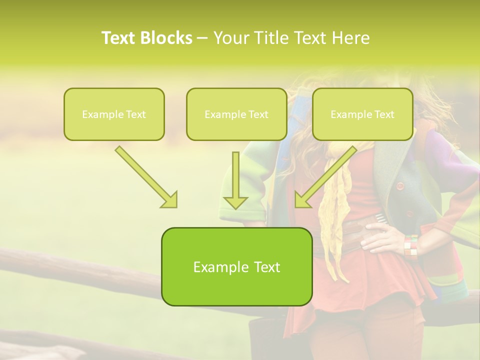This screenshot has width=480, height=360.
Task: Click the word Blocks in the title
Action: point(167,38)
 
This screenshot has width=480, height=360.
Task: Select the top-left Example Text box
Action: point(114,114)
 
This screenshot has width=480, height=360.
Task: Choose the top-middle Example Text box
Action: point(236,114)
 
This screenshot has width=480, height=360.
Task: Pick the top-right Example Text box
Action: point(362,114)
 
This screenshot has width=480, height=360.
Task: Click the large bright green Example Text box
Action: point(236,267)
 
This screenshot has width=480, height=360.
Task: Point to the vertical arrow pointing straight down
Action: point(235,180)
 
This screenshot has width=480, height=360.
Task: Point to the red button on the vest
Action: point(399,186)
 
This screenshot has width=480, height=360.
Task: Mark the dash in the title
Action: point(203,38)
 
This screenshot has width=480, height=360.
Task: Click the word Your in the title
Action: point(230,38)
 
